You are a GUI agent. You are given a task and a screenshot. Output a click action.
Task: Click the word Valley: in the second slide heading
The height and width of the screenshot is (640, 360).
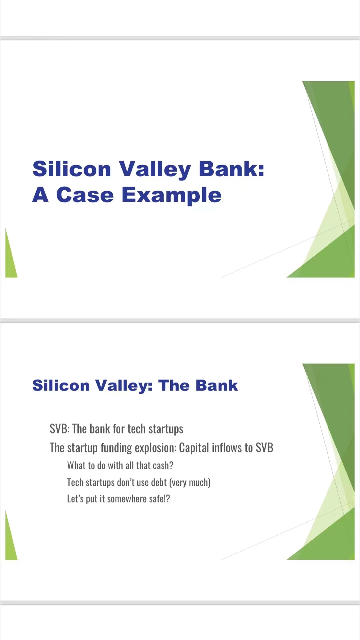124,386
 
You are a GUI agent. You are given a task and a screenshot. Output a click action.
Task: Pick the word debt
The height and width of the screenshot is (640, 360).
159,482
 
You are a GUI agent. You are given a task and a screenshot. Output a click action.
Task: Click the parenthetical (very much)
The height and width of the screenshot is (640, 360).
190,482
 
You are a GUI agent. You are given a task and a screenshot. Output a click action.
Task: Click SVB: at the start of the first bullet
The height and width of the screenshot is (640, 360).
60,429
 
